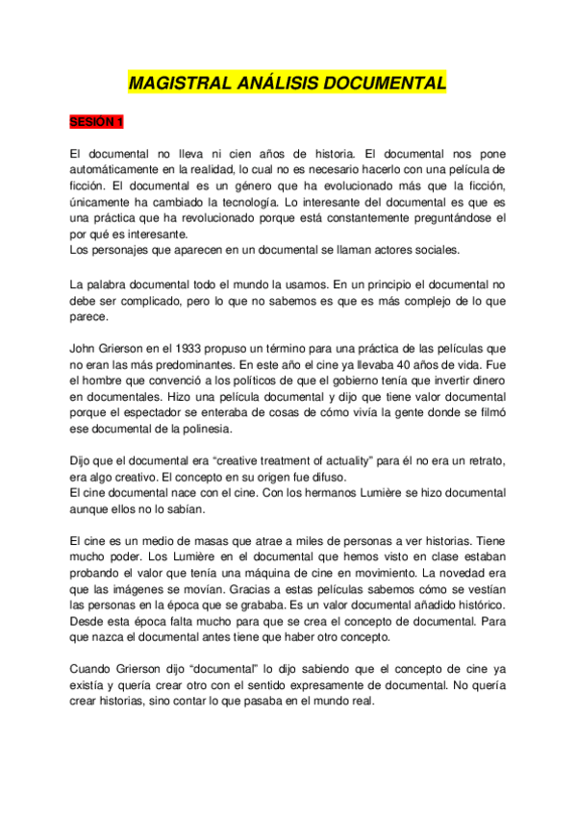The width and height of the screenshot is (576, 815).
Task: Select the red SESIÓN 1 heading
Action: click(97, 123)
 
